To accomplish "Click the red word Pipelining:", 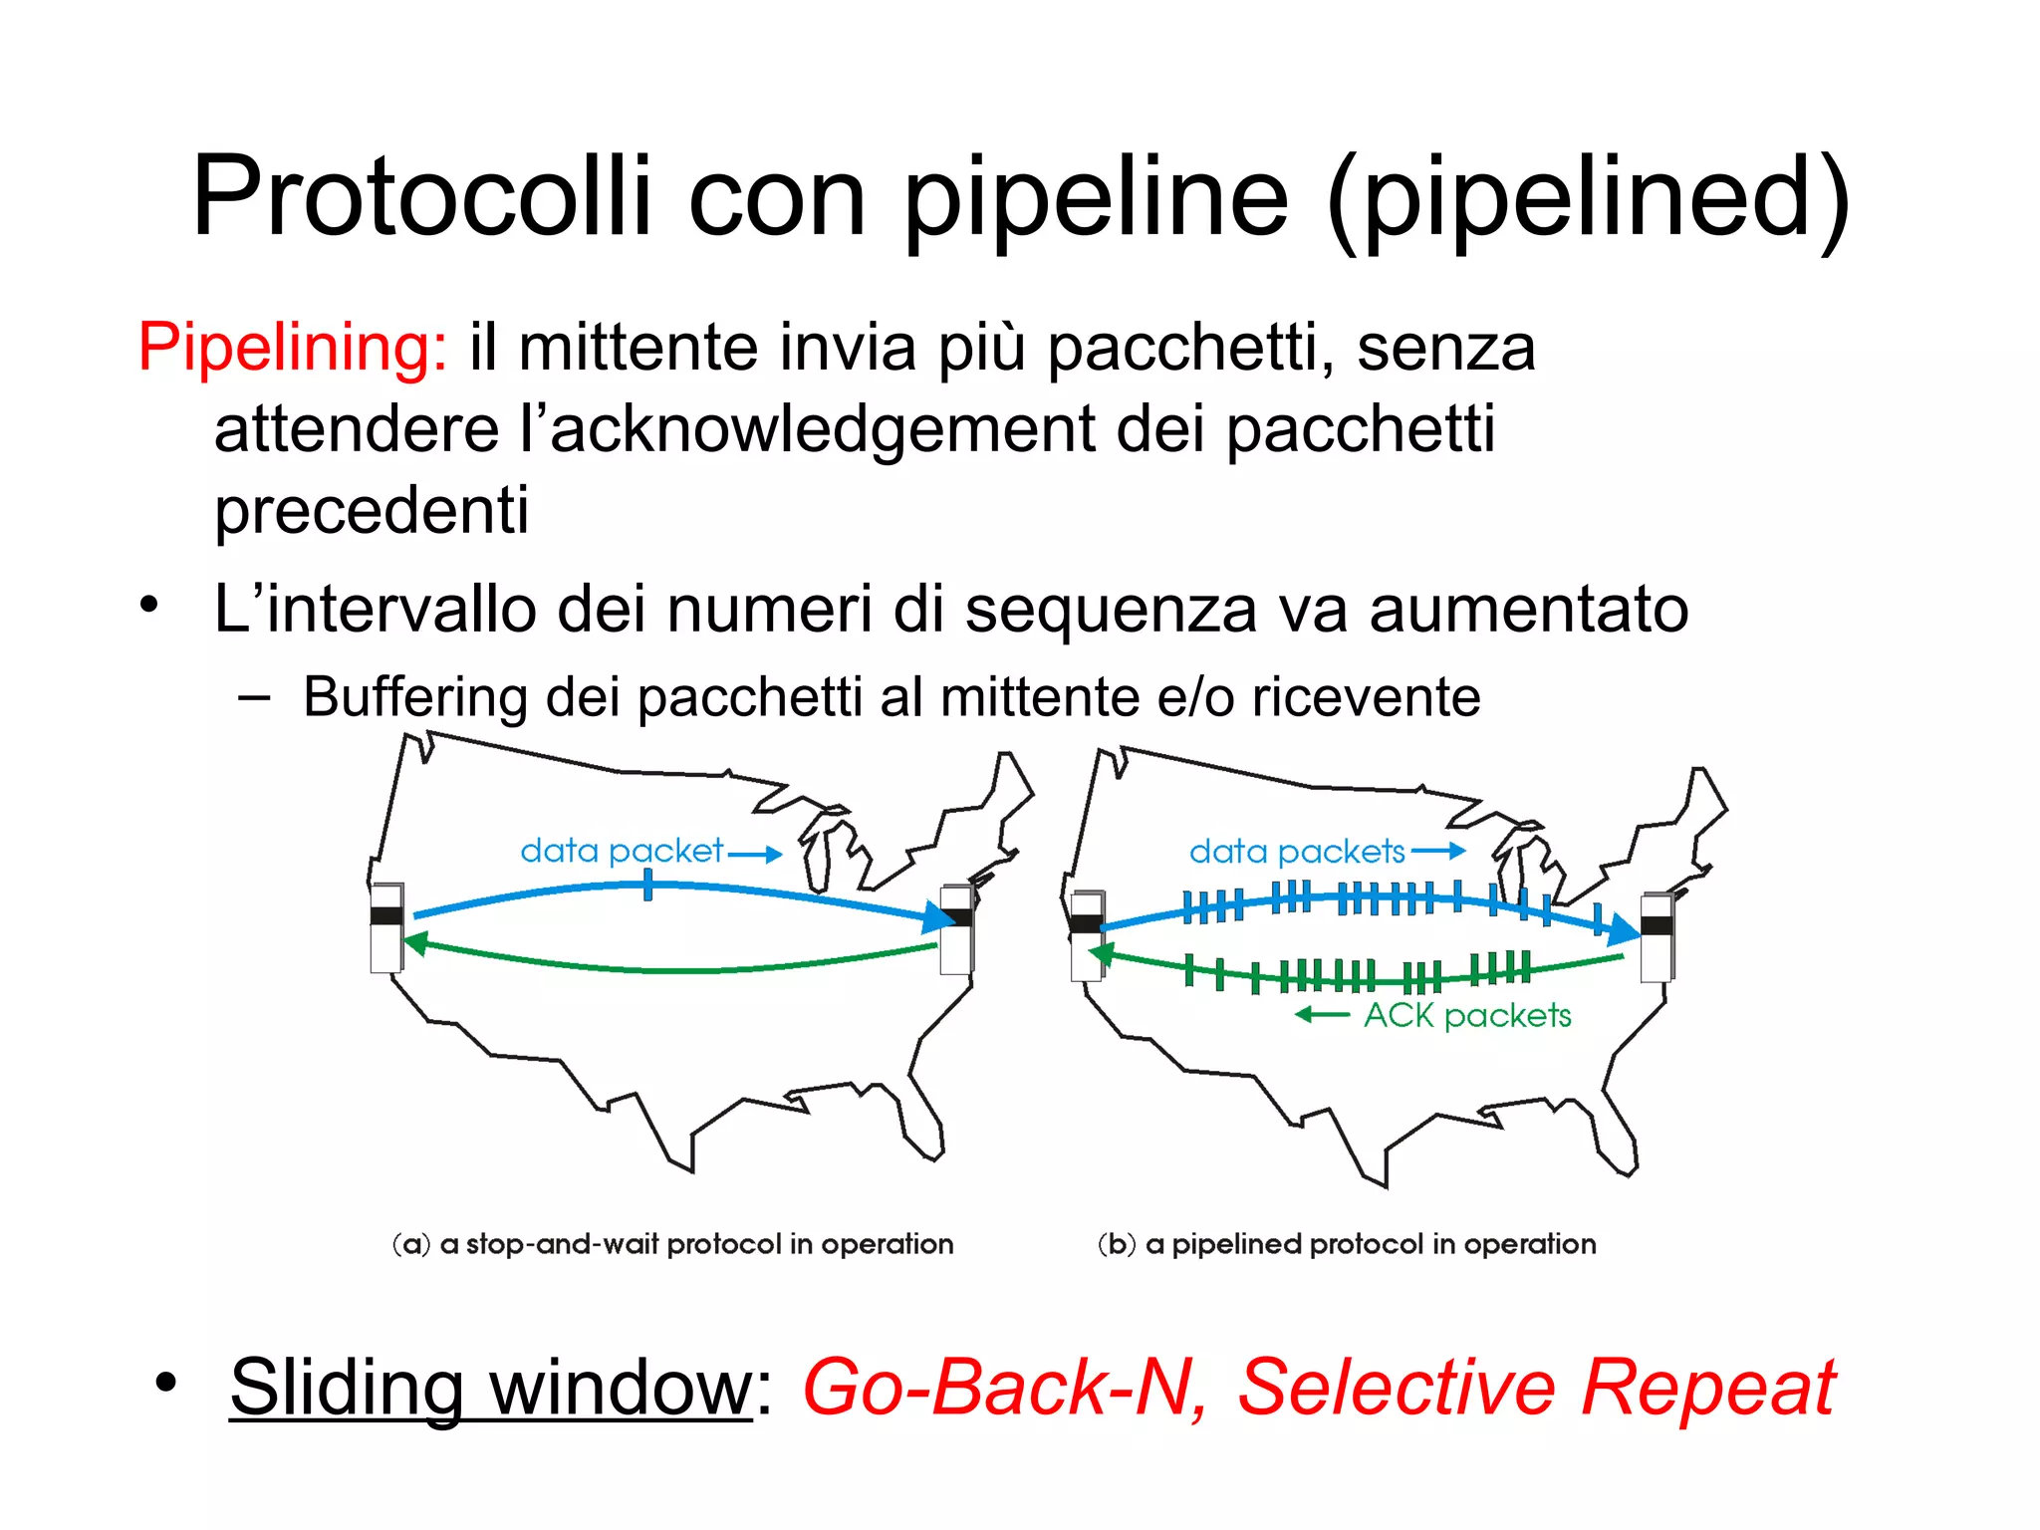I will (292, 348).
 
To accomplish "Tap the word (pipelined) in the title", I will (1588, 198).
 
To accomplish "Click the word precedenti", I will (371, 510).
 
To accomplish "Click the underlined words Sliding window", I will (490, 1387).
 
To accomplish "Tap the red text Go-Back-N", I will (1002, 1387).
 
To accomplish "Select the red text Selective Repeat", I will (1535, 1387).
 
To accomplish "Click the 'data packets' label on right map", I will (1296, 852).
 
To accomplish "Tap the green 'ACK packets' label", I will (1466, 1015).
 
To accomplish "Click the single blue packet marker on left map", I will (647, 886).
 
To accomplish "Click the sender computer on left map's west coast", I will (386, 926).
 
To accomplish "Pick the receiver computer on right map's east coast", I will (1657, 937).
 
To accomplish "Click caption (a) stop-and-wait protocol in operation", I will (672, 1244).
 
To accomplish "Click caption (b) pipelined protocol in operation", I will (1346, 1244).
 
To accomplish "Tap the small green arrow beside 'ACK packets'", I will (1321, 1015).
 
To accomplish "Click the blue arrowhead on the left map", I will (937, 916).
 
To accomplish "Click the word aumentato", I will (1528, 609).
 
